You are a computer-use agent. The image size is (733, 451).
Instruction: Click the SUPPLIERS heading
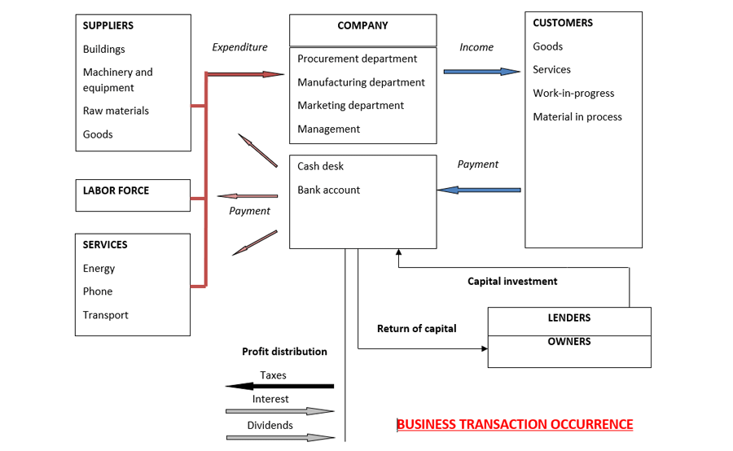[108, 25]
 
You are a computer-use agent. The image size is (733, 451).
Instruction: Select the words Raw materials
[116, 111]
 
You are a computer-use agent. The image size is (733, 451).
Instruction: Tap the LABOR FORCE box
[133, 195]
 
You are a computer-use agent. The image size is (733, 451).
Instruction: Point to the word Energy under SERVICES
[99, 268]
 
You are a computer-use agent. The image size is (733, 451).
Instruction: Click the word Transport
[105, 315]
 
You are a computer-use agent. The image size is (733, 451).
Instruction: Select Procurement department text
[357, 59]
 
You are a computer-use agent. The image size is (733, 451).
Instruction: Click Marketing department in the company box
[350, 105]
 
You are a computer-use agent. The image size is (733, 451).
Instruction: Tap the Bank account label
[328, 190]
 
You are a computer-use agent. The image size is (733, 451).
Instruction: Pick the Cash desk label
[320, 166]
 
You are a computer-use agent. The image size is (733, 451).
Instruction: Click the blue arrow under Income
[481, 72]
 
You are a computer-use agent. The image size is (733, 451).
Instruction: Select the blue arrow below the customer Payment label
[479, 190]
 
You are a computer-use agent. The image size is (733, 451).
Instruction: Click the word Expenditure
[239, 47]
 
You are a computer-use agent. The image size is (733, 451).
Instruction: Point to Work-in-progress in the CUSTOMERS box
[573, 93]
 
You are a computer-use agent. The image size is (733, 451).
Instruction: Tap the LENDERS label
[569, 317]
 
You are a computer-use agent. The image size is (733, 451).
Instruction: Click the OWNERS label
[569, 341]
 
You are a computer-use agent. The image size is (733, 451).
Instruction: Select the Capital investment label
[512, 281]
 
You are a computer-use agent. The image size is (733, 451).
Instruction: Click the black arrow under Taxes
[279, 386]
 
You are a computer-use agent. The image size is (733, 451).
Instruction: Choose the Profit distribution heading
[284, 352]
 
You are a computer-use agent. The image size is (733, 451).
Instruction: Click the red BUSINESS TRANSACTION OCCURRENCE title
[514, 424]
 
